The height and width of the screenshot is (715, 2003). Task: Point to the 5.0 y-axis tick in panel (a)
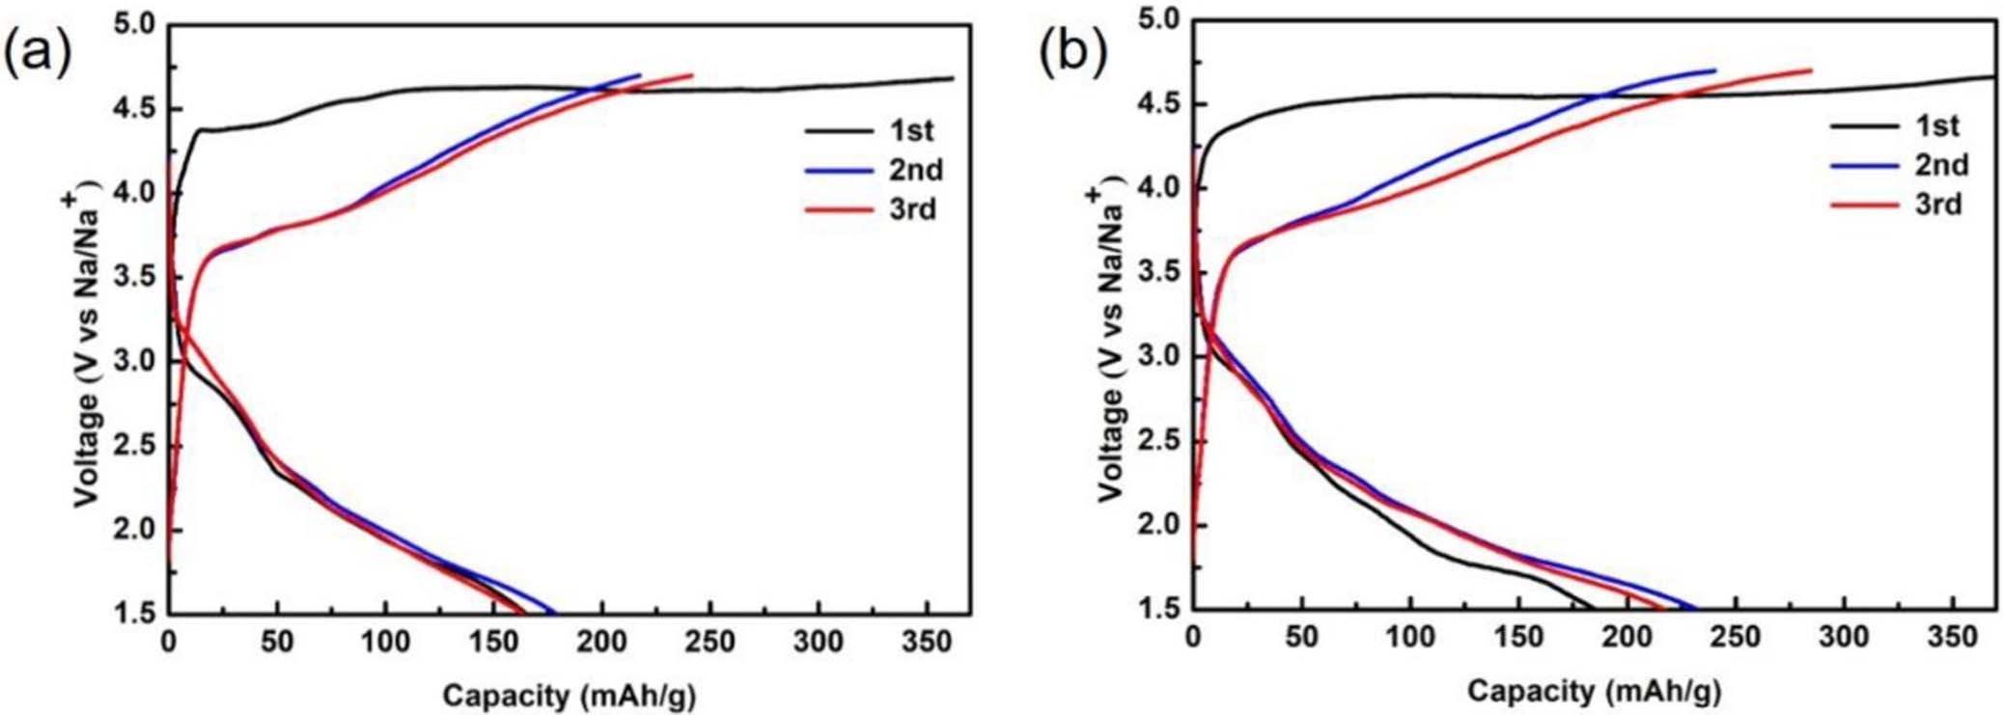click(137, 23)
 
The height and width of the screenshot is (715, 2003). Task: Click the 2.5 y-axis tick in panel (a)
click(137, 447)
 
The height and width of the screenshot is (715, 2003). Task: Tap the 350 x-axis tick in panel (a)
click(927, 641)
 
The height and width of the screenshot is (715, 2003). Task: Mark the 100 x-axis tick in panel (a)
click(385, 641)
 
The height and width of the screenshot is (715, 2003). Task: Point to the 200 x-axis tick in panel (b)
click(1627, 637)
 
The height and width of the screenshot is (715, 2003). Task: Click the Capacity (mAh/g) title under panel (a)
click(569, 695)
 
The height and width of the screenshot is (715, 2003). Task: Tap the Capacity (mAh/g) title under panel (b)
click(1594, 691)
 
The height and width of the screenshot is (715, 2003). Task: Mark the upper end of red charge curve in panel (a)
click(692, 74)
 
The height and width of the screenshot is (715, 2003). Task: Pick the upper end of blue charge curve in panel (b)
click(1715, 69)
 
